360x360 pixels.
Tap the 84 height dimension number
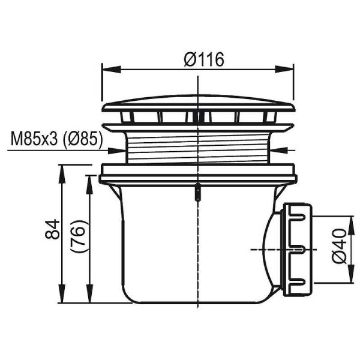pyautogui.click(x=53, y=229)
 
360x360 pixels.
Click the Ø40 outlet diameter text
pyautogui.click(x=339, y=247)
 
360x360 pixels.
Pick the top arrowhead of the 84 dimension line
pyautogui.click(x=63, y=170)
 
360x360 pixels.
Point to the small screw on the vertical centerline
pyautogui.click(x=197, y=193)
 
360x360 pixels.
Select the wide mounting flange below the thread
pyautogui.click(x=198, y=173)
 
